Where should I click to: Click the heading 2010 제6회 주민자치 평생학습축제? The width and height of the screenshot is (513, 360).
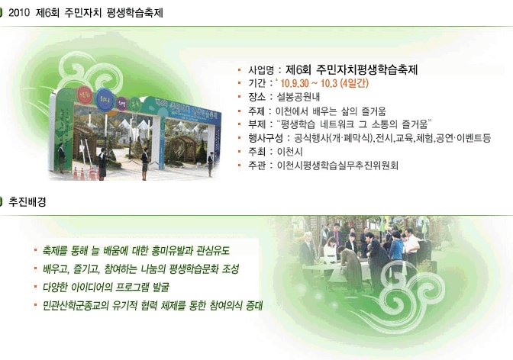tap(85, 13)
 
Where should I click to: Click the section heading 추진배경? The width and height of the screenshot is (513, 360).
tap(27, 202)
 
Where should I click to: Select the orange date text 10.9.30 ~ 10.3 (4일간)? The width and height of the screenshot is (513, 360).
tap(324, 83)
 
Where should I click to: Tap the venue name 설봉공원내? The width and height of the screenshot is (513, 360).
tap(298, 97)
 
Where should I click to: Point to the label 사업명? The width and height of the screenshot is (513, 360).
tap(261, 70)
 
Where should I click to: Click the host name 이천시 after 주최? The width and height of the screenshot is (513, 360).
tap(289, 152)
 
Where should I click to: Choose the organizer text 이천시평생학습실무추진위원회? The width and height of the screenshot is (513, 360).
tap(337, 166)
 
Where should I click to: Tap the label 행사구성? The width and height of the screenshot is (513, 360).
tap(266, 138)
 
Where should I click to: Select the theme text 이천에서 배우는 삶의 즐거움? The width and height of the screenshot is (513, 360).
tap(331, 111)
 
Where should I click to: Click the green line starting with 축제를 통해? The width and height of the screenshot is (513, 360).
tap(136, 251)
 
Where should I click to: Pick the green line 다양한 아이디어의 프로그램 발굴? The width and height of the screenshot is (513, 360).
tap(106, 288)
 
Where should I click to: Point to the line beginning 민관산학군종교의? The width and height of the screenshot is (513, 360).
tap(153, 306)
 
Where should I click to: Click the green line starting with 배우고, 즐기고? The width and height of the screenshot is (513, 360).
tap(140, 269)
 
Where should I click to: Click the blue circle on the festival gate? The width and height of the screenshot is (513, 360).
tap(105, 99)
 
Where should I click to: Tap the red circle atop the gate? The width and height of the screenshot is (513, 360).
tap(85, 95)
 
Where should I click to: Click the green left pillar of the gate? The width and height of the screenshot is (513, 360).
tap(63, 130)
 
